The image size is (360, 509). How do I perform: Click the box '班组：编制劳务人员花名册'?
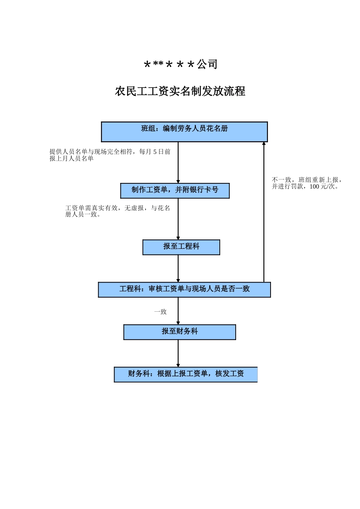pyautogui.click(x=184, y=131)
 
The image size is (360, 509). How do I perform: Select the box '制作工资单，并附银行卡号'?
pyautogui.click(x=175, y=190)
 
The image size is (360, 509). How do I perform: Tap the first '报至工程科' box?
pyautogui.click(x=181, y=247)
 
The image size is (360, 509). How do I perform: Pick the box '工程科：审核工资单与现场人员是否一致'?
pyautogui.click(x=184, y=289)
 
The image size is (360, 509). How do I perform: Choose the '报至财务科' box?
pyautogui.click(x=180, y=332)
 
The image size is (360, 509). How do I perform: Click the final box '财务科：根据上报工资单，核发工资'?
pyautogui.click(x=186, y=374)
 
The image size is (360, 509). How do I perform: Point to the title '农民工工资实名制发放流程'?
pyautogui.click(x=180, y=91)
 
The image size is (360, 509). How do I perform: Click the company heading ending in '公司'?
pyautogui.click(x=180, y=64)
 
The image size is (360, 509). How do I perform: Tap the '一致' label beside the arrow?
pyautogui.click(x=160, y=312)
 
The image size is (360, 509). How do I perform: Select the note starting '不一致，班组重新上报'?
pyautogui.click(x=307, y=183)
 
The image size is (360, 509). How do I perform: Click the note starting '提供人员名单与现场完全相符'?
pyautogui.click(x=110, y=155)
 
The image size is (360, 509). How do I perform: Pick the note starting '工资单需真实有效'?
pyautogui.click(x=117, y=211)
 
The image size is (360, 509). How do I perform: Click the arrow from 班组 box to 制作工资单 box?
pyautogui.click(x=178, y=163)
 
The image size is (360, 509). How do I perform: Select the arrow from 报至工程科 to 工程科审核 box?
pyautogui.click(x=178, y=269)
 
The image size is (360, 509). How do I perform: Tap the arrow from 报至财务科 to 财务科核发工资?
pyautogui.click(x=178, y=353)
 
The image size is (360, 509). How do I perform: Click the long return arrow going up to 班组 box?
pyautogui.click(x=264, y=212)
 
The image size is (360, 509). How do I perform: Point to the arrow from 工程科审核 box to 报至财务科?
pyautogui.click(x=178, y=311)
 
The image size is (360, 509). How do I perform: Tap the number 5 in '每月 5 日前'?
pyautogui.click(x=155, y=152)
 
